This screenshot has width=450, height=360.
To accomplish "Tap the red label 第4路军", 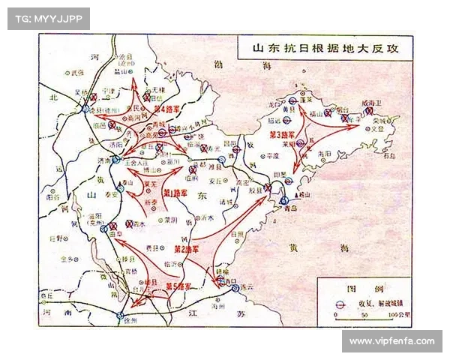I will click(x=165, y=108).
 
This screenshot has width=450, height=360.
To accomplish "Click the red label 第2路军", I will click(x=186, y=248).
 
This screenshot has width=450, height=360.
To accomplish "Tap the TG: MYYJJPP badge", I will click(x=47, y=18).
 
